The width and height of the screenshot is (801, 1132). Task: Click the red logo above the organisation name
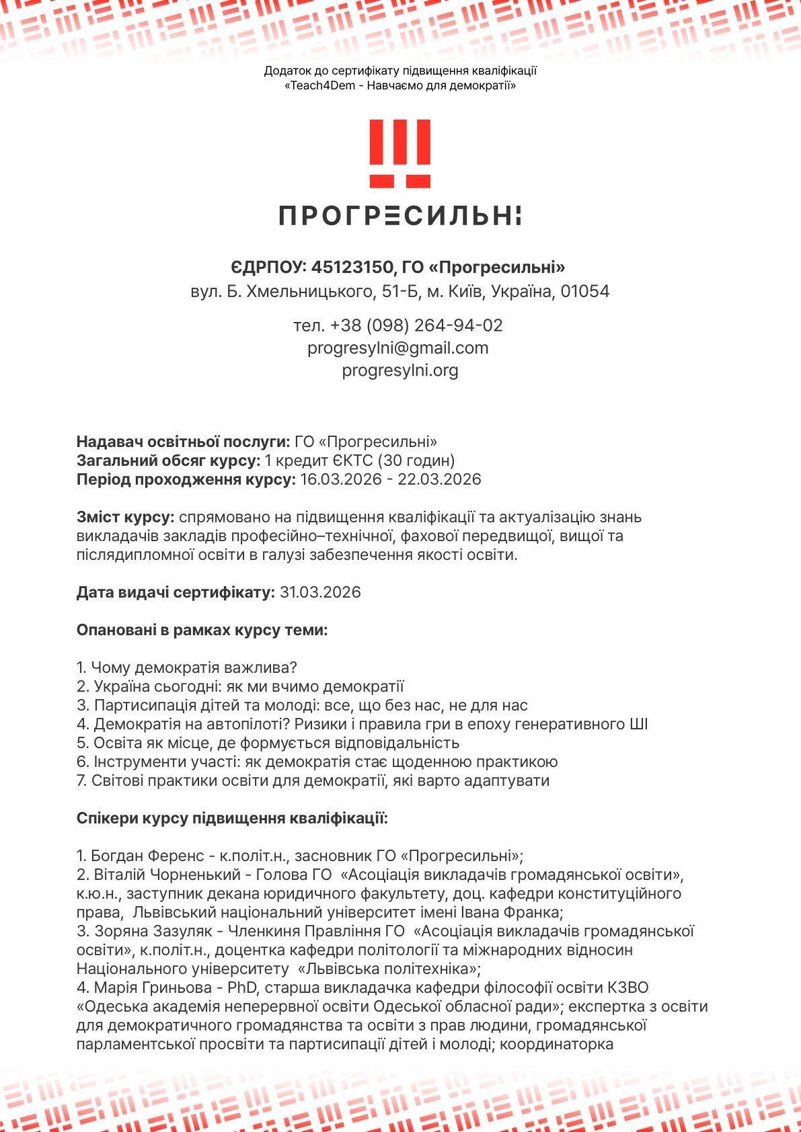tap(400, 154)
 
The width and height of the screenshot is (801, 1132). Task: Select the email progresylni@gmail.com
tap(398, 348)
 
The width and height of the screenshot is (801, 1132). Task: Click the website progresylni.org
tap(400, 370)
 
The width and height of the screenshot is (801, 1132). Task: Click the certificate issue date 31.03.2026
tap(320, 592)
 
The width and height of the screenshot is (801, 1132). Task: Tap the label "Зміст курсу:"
tap(126, 517)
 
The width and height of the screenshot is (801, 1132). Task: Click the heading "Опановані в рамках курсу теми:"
tap(202, 631)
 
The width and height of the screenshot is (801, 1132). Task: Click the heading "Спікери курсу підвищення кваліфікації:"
tap(233, 818)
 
